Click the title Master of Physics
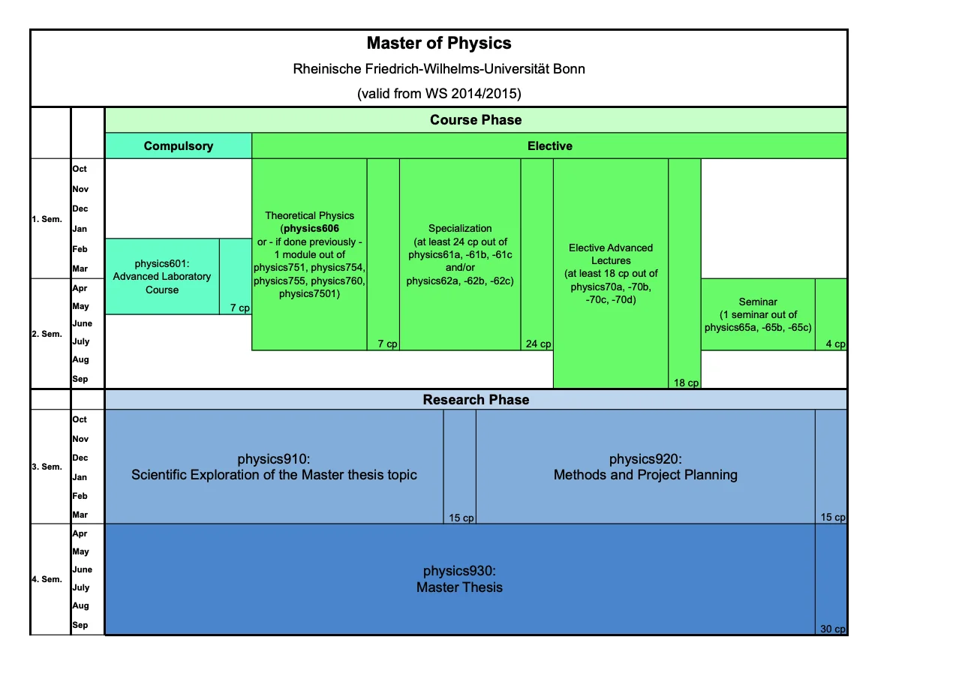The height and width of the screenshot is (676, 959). pos(439,44)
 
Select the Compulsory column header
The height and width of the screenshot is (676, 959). pos(179,146)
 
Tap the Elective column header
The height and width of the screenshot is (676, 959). pos(549,146)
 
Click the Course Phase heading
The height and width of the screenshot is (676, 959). pos(476,120)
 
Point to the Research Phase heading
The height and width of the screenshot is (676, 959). pos(476,400)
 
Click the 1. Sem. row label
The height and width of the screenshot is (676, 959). pos(47,219)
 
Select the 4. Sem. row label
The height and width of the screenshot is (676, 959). pos(47,579)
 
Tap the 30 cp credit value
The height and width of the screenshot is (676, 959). pos(832,629)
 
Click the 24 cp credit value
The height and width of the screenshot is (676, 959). pos(538,344)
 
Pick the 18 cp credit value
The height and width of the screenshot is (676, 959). pos(686,383)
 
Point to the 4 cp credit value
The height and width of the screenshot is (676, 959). pos(835,344)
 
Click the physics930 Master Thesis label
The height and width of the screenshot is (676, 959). pos(459,578)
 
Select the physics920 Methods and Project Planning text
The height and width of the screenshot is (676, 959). pos(645,467)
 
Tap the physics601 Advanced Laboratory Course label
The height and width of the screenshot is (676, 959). pos(162,276)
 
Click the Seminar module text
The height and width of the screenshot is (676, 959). pos(758,314)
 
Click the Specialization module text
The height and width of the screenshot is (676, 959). pos(460,254)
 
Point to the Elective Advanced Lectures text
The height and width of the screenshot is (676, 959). pos(611,273)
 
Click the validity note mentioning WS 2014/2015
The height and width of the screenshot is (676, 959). pos(439,94)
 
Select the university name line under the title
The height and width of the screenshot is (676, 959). pos(439,69)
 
